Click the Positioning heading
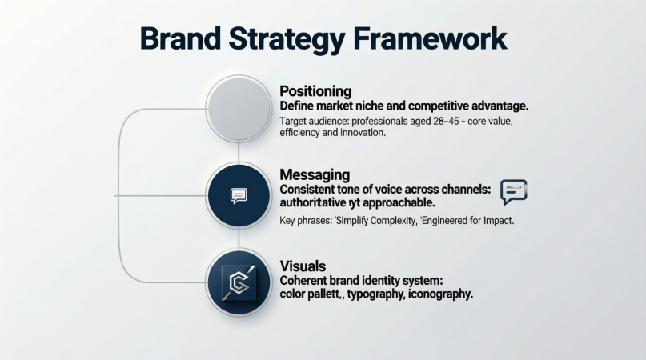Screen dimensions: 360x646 click(x=315, y=91)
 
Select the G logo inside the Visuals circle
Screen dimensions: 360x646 click(x=238, y=281)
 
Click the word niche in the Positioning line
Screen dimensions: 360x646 click(x=376, y=106)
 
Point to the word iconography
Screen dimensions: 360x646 click(x=440, y=294)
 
